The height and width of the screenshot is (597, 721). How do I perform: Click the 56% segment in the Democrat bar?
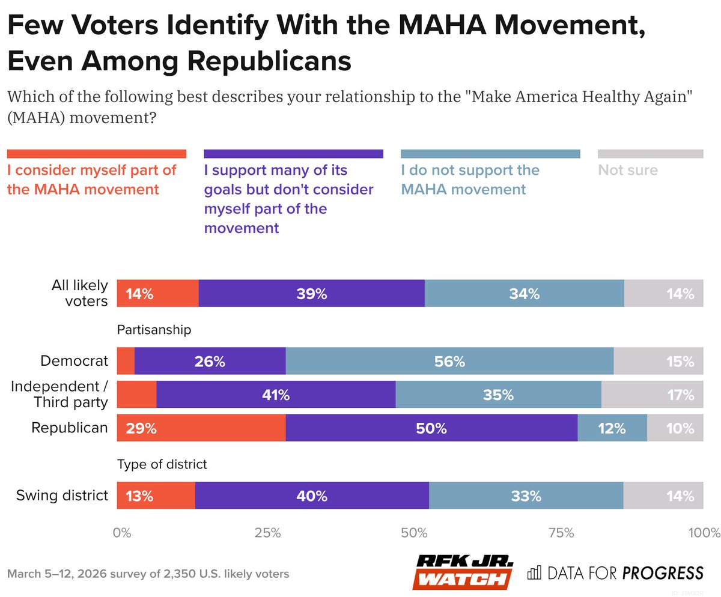pyautogui.click(x=449, y=361)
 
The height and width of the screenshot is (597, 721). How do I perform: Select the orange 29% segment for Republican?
pyautogui.click(x=201, y=428)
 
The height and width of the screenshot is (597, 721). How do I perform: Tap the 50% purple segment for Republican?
pyautogui.click(x=431, y=428)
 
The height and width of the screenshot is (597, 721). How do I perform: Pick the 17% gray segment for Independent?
pyautogui.click(x=652, y=395)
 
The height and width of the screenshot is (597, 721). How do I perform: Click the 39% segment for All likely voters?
pyautogui.click(x=311, y=294)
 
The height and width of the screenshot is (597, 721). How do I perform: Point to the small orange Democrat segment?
pyautogui.click(x=126, y=361)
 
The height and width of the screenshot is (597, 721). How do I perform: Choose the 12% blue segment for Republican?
pyautogui.click(x=612, y=428)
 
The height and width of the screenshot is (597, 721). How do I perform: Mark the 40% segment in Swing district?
pyautogui.click(x=311, y=496)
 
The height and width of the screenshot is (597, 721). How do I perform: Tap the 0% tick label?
pyautogui.click(x=122, y=532)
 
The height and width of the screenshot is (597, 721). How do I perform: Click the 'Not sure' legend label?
pyautogui.click(x=628, y=171)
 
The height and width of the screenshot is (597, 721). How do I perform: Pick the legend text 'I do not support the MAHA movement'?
pyautogui.click(x=470, y=180)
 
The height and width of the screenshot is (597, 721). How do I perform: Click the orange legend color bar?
pyautogui.click(x=96, y=154)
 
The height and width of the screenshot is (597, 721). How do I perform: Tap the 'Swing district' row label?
pyautogui.click(x=62, y=496)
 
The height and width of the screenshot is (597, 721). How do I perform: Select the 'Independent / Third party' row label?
pyautogui.click(x=59, y=395)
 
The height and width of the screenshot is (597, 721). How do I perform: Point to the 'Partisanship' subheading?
pyautogui.click(x=154, y=330)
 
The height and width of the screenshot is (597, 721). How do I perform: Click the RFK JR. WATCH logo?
pyautogui.click(x=463, y=571)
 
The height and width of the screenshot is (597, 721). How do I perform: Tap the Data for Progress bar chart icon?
pyautogui.click(x=534, y=572)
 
